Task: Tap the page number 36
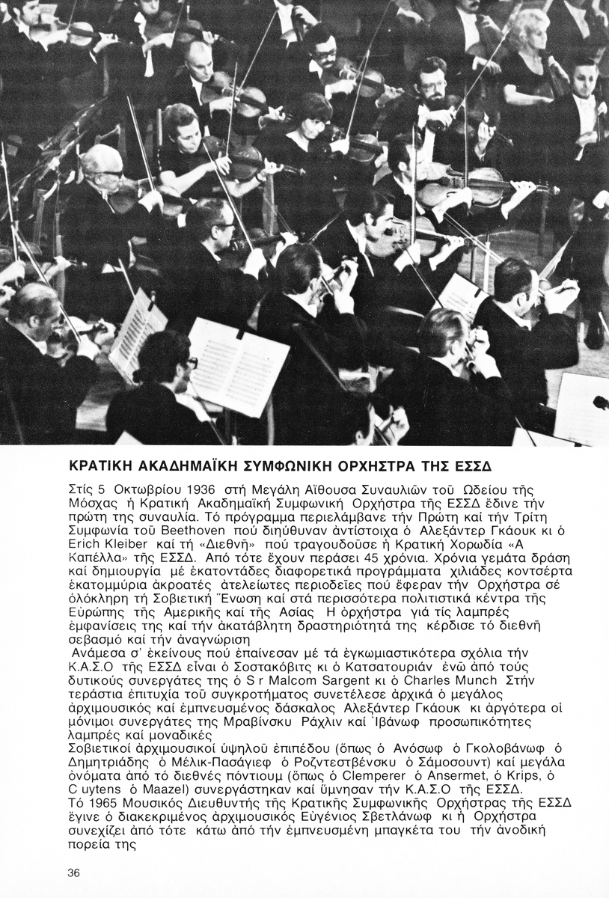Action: pos(73,873)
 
